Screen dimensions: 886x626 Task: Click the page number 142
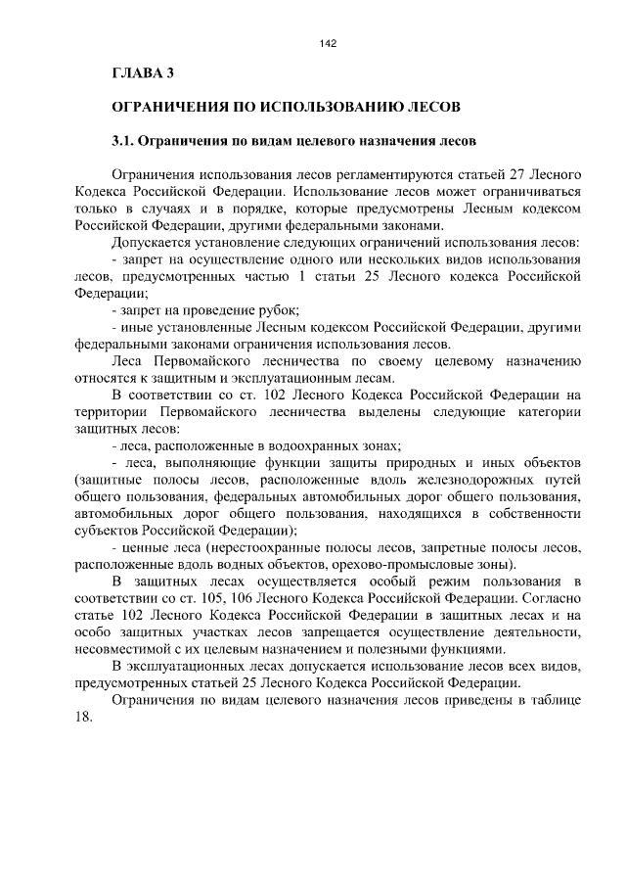328,43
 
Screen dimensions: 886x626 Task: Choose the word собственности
535,514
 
